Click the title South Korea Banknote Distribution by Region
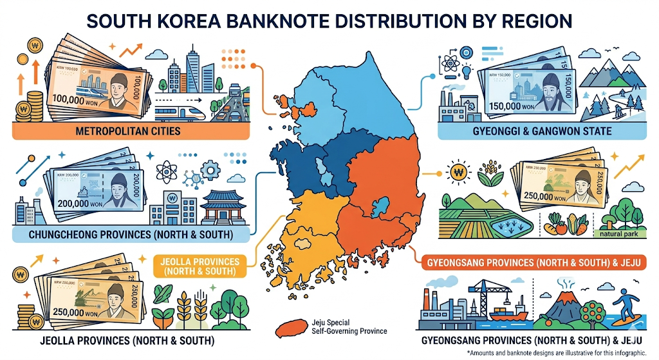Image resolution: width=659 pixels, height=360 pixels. tap(329, 21)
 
